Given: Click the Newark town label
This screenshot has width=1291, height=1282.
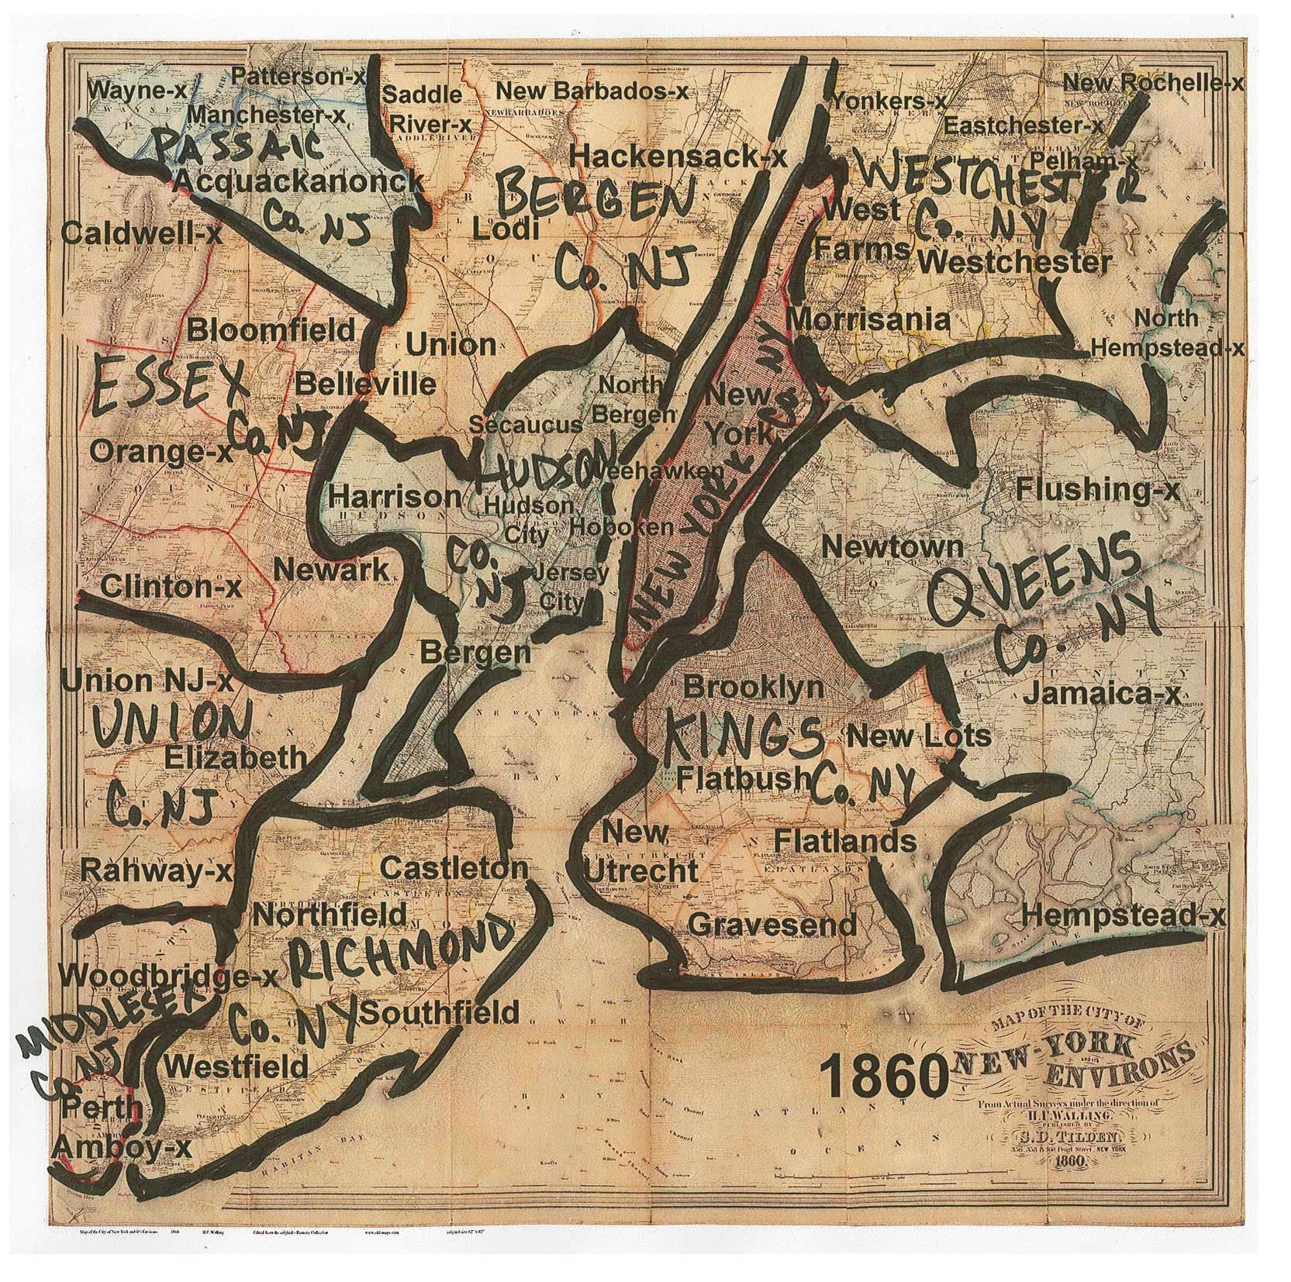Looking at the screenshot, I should pos(331,571).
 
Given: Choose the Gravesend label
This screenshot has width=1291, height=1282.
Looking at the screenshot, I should pos(772,924).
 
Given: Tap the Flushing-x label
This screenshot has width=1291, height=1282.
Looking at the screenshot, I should pos(1098,490).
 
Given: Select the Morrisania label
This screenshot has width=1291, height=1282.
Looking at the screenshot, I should pos(868,319).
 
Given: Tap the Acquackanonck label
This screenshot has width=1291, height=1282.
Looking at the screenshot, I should pos(298,182).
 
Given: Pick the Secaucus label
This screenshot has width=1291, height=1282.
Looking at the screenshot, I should pos(525,425).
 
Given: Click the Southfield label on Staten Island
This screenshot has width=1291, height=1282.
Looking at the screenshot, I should pos(440,1011).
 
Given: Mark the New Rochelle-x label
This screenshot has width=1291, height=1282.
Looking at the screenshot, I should pos(1152,83).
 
